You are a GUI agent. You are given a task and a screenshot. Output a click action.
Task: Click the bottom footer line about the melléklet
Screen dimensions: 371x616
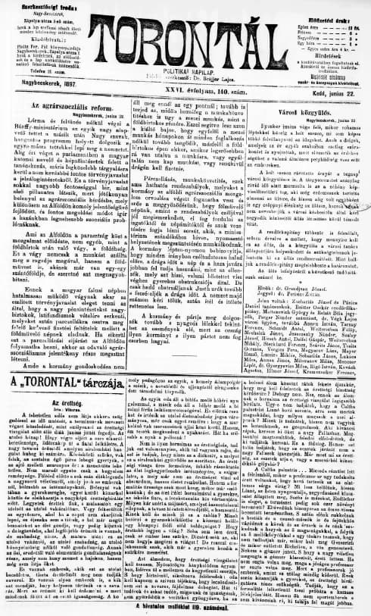coord(185,607)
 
